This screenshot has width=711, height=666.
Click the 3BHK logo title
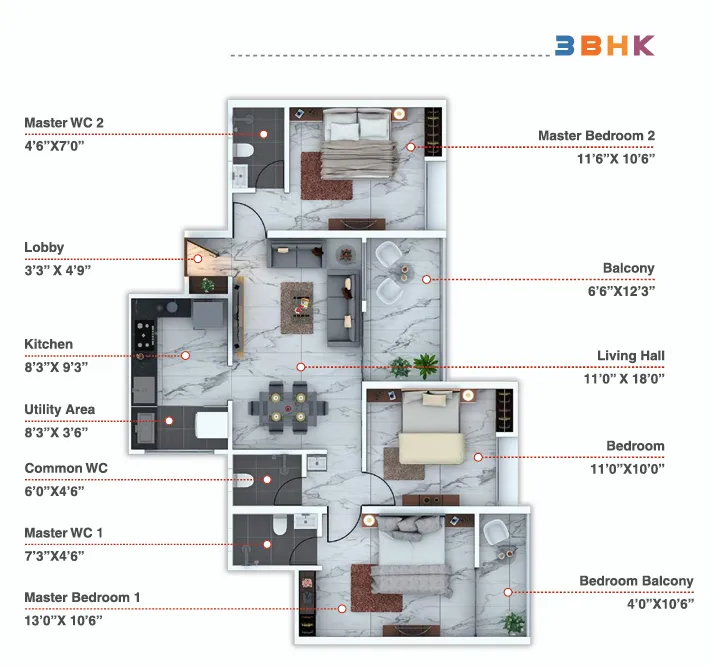click(605, 45)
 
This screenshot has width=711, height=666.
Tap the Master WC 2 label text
click(64, 123)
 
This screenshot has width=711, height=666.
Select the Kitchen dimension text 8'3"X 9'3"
click(56, 367)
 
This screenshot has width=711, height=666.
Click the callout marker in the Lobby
click(198, 259)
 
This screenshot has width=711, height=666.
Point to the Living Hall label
click(631, 356)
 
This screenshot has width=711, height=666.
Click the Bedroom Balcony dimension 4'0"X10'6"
click(660, 604)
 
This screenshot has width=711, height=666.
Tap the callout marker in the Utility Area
click(169, 421)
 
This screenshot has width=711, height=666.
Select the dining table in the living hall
click(288, 407)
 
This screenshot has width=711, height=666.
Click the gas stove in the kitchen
click(145, 335)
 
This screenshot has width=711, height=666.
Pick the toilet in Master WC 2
click(243, 150)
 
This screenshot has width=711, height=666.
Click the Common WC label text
click(66, 468)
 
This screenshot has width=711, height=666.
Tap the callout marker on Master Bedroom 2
click(410, 147)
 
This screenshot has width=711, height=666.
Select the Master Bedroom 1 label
click(82, 598)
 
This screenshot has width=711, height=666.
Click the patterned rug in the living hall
click(297, 308)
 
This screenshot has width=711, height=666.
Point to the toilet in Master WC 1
click(279, 525)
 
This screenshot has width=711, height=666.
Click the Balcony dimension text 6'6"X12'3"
click(621, 291)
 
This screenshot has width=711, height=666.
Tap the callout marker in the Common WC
click(267, 480)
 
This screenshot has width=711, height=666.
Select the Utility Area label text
click(60, 409)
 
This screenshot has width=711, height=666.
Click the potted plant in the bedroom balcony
click(514, 622)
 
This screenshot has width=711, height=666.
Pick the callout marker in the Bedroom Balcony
click(508, 592)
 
